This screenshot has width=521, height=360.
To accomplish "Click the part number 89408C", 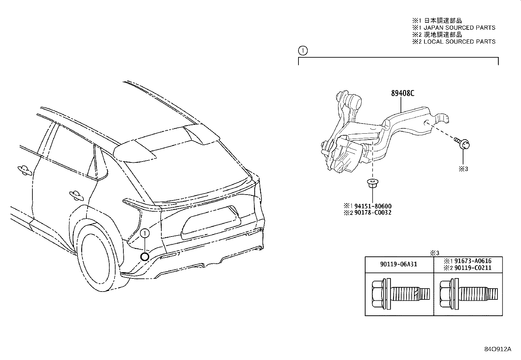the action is (403, 93).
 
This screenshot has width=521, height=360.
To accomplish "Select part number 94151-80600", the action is (373, 206).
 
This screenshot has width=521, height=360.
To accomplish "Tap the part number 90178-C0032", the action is (373, 213).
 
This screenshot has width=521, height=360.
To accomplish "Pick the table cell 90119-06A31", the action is (399, 264).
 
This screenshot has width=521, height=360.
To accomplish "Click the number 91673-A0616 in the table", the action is (473, 261).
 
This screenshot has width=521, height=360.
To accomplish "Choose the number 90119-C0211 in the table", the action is (473, 268).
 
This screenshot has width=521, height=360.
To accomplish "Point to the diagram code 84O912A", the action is (498, 349).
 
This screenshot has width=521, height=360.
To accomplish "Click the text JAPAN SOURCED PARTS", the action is (459, 28).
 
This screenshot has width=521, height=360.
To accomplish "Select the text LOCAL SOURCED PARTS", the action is (459, 42).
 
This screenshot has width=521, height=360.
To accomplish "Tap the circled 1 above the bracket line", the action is (303, 50).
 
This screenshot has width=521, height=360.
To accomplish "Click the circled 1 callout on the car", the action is (145, 233).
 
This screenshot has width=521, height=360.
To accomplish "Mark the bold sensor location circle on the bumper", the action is (145, 256).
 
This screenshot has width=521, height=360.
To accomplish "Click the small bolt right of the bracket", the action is (462, 143).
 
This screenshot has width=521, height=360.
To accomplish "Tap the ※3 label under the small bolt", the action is (463, 169).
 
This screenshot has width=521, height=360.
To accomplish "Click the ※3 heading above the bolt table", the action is (435, 253).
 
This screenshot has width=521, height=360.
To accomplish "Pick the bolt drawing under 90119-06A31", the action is (401, 294).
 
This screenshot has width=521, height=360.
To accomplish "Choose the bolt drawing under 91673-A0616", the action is (468, 294).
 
